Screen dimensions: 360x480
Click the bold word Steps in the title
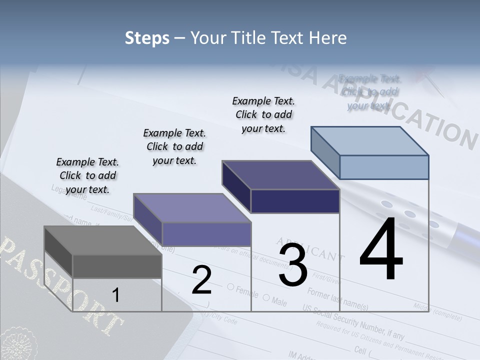click(x=147, y=38)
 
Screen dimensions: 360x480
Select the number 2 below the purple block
click(x=201, y=280)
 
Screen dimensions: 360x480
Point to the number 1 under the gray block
click(x=115, y=295)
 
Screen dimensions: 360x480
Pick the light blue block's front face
click(x=384, y=167)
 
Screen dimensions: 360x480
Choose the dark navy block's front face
click(x=295, y=201)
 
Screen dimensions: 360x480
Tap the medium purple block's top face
click(x=192, y=208)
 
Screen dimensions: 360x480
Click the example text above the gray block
click(x=87, y=175)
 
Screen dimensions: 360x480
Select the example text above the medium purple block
click(x=174, y=146)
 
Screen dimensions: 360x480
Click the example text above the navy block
click(x=263, y=114)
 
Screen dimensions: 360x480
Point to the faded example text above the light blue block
click(x=369, y=92)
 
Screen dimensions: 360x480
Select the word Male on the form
click(x=279, y=301)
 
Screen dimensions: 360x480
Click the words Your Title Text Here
click(x=268, y=38)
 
